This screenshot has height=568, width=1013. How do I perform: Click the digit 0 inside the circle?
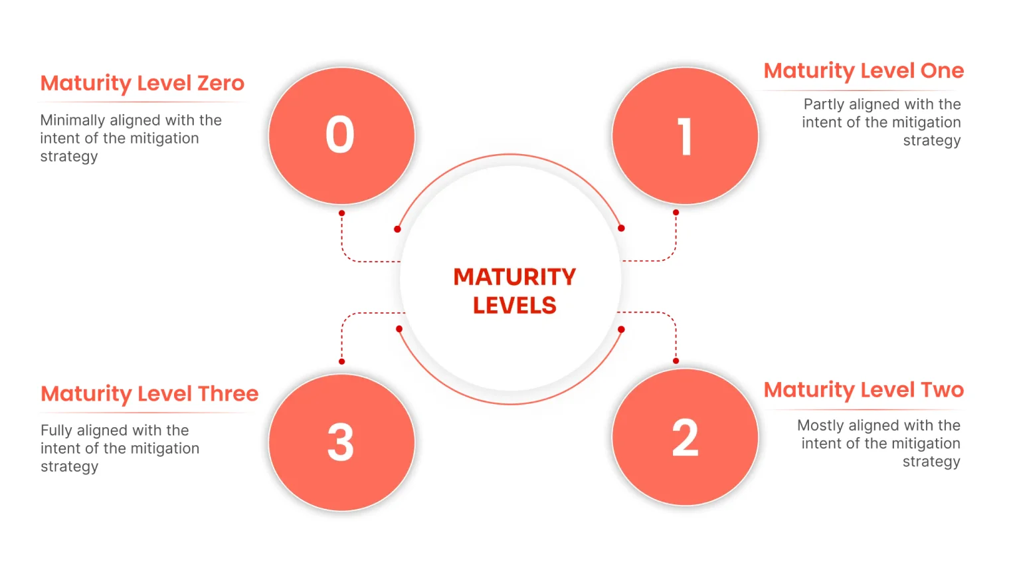tap(339, 135)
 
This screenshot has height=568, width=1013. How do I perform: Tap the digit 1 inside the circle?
tap(685, 137)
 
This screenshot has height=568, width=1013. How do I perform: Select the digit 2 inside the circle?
tap(685, 438)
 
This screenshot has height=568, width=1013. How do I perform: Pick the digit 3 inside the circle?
tap(340, 442)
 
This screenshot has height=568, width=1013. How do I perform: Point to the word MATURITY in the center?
tap(514, 277)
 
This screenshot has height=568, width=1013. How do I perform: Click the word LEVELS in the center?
tap(514, 306)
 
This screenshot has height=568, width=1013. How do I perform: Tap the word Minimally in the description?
tap(72, 120)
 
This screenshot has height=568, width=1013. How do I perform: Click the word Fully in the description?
tap(56, 430)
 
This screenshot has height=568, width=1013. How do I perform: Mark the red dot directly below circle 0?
tap(341, 213)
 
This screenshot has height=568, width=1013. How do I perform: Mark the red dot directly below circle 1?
tap(676, 213)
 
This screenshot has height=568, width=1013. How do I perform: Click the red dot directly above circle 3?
tap(341, 361)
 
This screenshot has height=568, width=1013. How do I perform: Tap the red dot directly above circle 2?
tap(676, 361)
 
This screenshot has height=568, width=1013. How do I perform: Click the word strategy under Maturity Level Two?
tap(931, 462)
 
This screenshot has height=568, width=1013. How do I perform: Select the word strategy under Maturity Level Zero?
tap(69, 157)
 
